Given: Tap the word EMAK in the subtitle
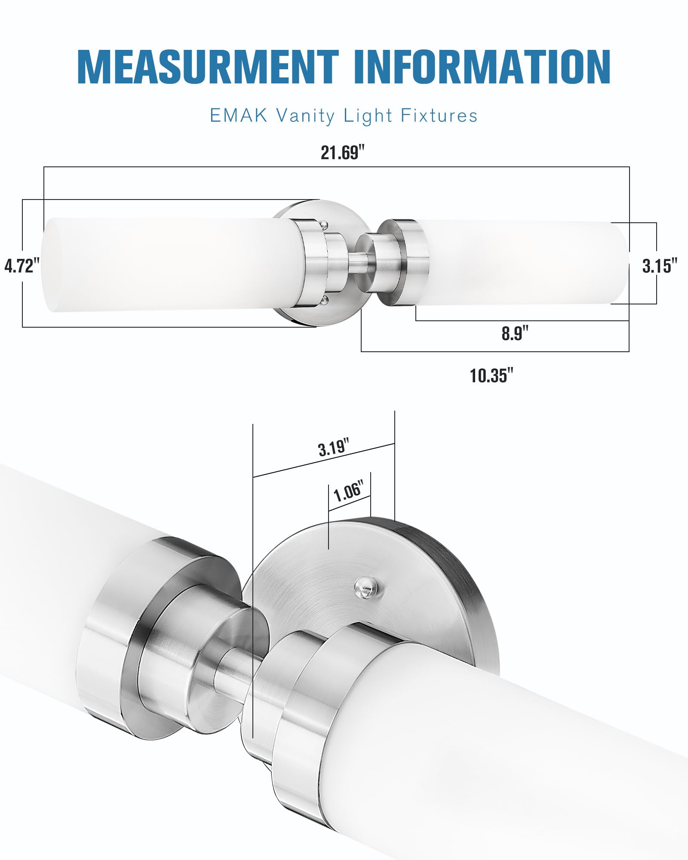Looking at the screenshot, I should pos(238,116).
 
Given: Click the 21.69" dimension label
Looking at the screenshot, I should pos(343,153).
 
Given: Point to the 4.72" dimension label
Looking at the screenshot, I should pos(21,266).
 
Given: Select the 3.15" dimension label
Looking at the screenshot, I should pos(660,266).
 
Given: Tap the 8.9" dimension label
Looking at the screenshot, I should pos(515,333).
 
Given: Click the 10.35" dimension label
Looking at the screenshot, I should pos(491,375).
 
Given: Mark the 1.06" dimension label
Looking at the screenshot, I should pos(348,491).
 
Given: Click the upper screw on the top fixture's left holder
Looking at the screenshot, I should pos(325,224).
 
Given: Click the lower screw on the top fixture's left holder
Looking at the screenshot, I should pos(325,299).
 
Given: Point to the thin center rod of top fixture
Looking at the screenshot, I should pos(358,263).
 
